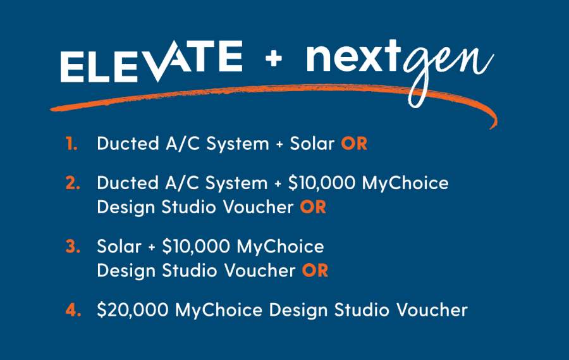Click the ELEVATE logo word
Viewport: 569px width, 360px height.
[x=151, y=61]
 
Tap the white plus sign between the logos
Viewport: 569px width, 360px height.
[x=274, y=58]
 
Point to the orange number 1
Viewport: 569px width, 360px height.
[x=71, y=144]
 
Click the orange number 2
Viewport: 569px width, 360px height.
[x=73, y=183]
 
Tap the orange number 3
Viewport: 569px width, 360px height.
[x=73, y=246]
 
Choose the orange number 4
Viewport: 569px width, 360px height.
[x=73, y=310]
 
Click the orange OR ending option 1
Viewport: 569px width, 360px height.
[x=354, y=144]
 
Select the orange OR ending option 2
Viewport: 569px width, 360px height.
[x=313, y=207]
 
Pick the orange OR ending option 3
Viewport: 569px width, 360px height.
[x=315, y=271]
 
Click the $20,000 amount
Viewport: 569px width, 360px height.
[x=133, y=310]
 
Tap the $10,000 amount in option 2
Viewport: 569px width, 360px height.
[x=322, y=183]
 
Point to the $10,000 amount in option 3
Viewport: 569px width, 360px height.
[x=196, y=246]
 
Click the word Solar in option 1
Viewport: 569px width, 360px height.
[x=312, y=144]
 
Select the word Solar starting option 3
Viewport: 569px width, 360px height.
[x=119, y=246]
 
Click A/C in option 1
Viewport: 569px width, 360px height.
[x=183, y=144]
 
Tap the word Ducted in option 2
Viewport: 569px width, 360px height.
[x=128, y=183]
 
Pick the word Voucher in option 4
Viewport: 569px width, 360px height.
[x=432, y=310]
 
